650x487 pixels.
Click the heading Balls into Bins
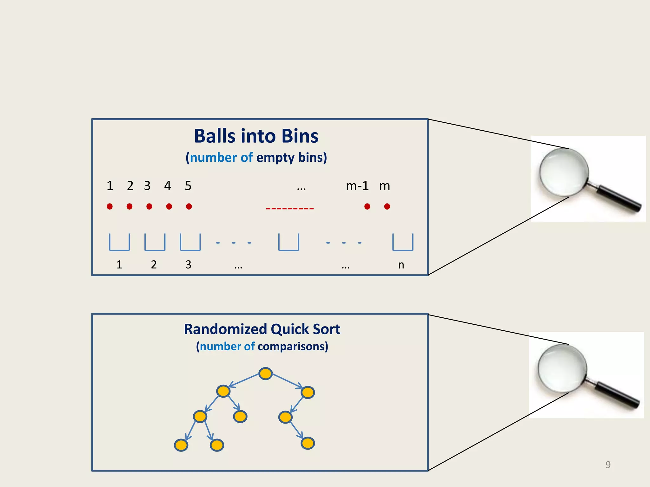tap(256, 136)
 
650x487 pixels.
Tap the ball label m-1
tap(357, 186)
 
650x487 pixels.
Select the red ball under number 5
tap(189, 206)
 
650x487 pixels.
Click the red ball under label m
tap(387, 206)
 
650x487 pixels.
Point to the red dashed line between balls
tap(290, 209)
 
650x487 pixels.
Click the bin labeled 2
tap(155, 243)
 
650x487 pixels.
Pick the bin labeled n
tap(403, 243)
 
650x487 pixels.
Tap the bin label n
tap(401, 265)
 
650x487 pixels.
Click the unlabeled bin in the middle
tap(289, 243)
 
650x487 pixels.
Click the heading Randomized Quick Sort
tap(262, 329)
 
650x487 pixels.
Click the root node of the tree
tap(265, 373)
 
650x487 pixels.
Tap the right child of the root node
tap(308, 393)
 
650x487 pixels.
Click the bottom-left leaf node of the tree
tap(181, 445)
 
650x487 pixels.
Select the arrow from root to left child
tap(244, 380)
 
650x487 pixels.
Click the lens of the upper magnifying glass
tap(564, 173)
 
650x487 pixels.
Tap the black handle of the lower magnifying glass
tap(617, 396)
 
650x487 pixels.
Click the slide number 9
tap(608, 465)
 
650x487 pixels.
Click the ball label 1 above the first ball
tap(110, 186)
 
